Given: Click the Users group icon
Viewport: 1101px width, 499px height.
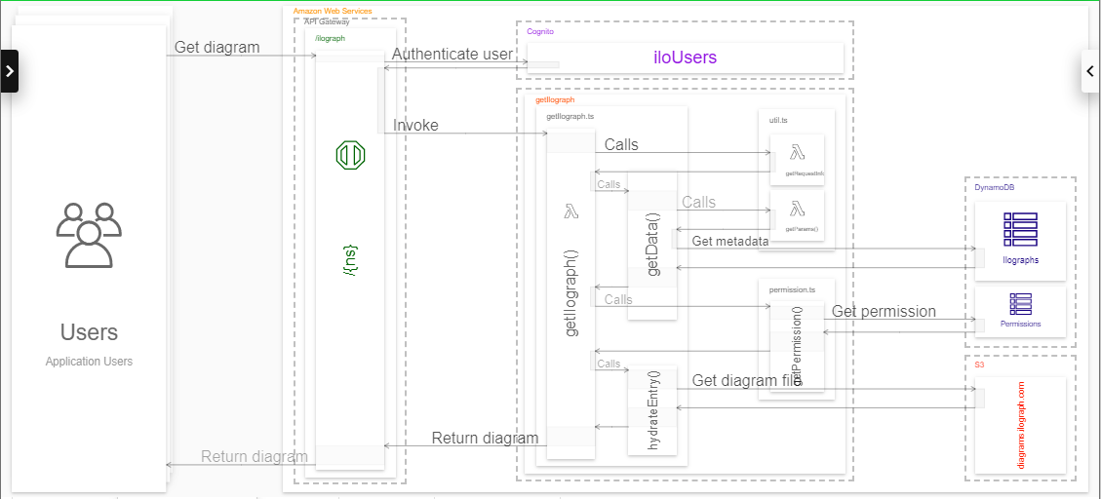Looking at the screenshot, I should coord(89,235).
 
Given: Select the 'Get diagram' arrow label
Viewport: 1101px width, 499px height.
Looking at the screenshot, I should coord(216,47).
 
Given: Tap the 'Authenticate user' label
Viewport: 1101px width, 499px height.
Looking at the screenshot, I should coord(452,55).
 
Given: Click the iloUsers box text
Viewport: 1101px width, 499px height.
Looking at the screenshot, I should coord(685,58).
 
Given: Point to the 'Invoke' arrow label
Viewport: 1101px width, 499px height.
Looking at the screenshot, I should coord(415,125).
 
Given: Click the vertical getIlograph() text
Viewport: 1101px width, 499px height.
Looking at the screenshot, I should coord(571,293).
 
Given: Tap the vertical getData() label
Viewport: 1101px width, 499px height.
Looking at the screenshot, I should coord(652,244).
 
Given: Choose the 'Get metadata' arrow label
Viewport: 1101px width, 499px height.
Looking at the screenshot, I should coord(729,241).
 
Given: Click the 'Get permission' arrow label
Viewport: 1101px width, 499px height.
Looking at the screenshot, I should coord(884,312).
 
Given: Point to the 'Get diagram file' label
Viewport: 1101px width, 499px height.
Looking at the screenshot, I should coord(746,380).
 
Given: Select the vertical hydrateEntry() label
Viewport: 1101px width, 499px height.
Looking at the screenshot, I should coord(653,409).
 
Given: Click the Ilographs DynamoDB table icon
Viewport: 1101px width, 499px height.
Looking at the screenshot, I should coord(1020,229).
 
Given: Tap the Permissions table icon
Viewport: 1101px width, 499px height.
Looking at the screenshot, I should coord(1020,303).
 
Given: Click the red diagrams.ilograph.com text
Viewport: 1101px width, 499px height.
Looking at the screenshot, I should coord(1021,425).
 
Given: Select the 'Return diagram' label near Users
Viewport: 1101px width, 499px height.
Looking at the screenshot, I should coord(254,456).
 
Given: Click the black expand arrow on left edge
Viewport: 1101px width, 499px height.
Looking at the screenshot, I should coord(9,71).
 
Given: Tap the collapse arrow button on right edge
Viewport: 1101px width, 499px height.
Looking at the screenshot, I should coord(1090,71).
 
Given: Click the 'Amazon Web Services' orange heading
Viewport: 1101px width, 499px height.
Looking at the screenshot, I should coord(333,11).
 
